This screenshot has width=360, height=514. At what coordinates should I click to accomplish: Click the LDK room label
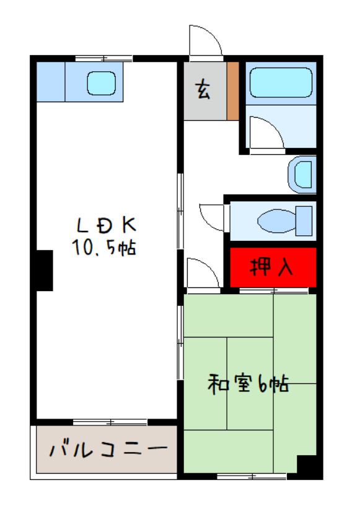click(106, 224)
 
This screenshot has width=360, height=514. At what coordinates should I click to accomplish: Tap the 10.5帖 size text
click(103, 248)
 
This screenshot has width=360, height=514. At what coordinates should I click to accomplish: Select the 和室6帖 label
click(247, 385)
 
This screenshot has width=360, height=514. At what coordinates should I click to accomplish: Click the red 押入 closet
click(273, 267)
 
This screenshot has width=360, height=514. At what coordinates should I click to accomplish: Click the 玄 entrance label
click(203, 90)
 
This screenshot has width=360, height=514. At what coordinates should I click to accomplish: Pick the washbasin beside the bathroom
click(303, 174)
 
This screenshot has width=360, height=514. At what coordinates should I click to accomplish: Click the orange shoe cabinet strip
click(232, 91)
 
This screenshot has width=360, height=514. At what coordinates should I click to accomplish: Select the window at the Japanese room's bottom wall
click(251, 476)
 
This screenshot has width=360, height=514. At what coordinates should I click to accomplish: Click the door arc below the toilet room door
click(202, 274)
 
